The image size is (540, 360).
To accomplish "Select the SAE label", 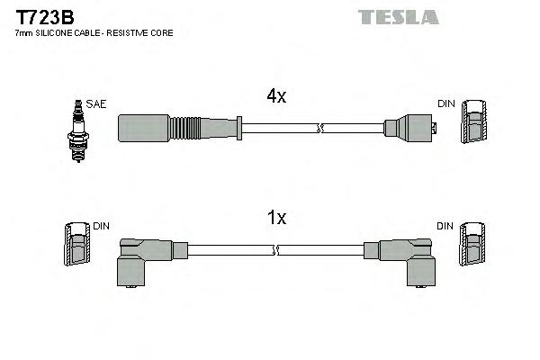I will tap(96, 104).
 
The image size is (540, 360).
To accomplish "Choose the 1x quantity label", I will tap(275, 217).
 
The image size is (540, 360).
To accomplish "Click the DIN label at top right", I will tap(446, 104).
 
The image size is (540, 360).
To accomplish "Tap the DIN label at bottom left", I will tap(101, 226).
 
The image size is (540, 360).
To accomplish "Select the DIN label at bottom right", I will tap(446, 226).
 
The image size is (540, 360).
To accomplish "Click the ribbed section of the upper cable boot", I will tap(192, 128).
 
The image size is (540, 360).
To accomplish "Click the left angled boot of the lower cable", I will tap(145, 257).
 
